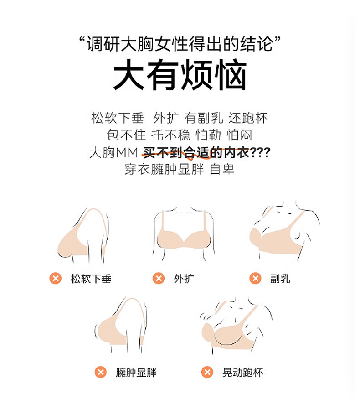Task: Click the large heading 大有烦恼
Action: click(x=180, y=75)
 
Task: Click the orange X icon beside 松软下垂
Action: click(x=56, y=278)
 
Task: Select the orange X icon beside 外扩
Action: click(x=159, y=278)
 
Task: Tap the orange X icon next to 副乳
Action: click(x=255, y=278)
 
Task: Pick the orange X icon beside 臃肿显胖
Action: click(x=101, y=372)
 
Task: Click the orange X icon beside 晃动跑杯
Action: click(x=207, y=372)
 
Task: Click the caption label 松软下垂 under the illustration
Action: click(x=91, y=279)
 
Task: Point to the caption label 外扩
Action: click(x=184, y=279)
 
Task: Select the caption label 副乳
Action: click(x=280, y=279)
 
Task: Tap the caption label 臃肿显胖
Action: click(x=136, y=373)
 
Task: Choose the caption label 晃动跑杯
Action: click(x=243, y=373)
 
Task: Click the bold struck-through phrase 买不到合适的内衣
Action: click(x=196, y=153)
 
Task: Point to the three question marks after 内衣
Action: click(x=260, y=153)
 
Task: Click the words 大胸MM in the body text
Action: click(x=113, y=153)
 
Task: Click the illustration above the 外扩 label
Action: click(x=184, y=233)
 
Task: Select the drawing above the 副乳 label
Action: click(x=284, y=230)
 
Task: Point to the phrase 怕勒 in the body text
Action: click(x=208, y=135)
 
